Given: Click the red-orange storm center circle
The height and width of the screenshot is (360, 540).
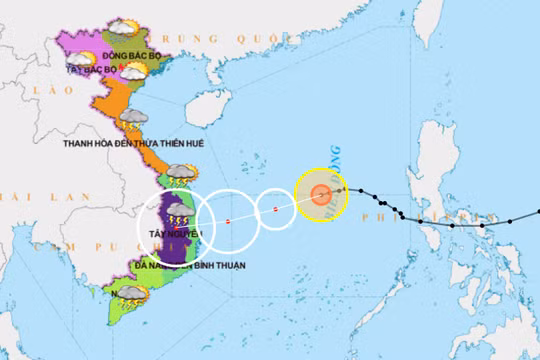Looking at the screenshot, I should pos(320,195).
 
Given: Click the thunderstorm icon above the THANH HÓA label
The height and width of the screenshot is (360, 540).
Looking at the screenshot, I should pos(131,120).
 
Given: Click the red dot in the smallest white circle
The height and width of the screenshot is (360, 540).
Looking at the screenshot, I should pos(276,210).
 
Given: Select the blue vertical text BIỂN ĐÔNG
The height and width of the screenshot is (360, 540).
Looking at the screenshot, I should pos(336,160).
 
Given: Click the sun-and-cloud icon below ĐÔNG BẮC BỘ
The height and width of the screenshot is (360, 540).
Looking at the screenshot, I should pos(131,70).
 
